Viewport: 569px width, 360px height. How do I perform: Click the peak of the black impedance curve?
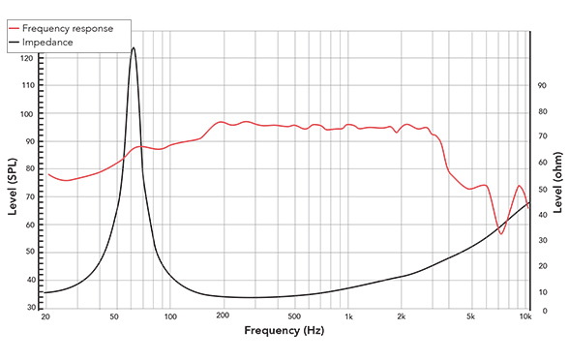134,47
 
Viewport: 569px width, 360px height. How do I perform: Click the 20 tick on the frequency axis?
45,317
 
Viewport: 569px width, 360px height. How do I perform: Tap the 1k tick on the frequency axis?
348,317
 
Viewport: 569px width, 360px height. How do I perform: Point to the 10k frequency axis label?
525,317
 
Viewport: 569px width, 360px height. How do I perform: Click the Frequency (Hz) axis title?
284,331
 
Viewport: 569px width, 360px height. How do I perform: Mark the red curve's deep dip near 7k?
501,233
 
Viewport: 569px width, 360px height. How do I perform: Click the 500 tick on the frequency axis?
294,317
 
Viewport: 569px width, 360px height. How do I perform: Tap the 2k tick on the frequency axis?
402,317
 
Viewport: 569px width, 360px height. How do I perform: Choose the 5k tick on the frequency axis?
471,317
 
